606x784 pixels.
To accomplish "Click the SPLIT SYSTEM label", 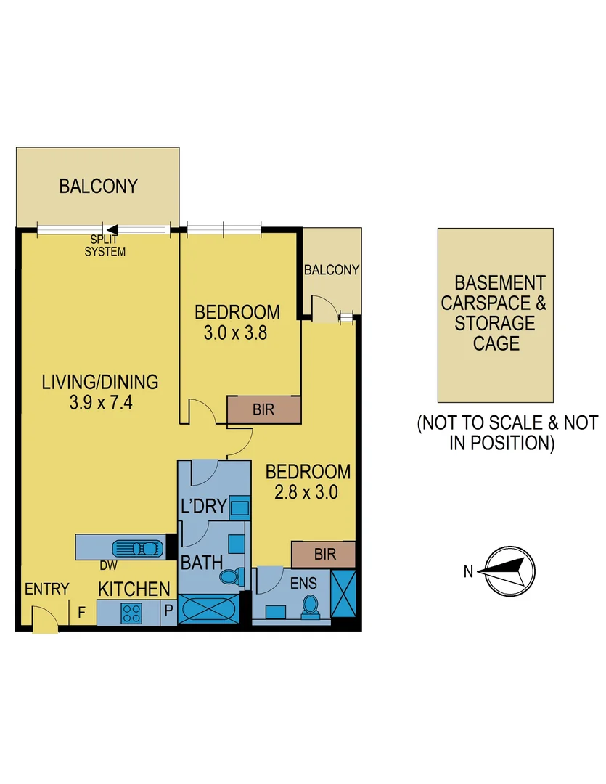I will pyautogui.click(x=105, y=246).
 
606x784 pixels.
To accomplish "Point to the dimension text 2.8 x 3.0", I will pyautogui.click(x=308, y=491).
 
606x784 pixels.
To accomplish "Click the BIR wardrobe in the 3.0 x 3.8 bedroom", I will pyautogui.click(x=263, y=410).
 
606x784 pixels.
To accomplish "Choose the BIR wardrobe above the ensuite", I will pyautogui.click(x=325, y=555).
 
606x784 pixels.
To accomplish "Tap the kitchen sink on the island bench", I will pyautogui.click(x=139, y=547).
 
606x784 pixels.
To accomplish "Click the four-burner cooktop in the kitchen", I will pyautogui.click(x=131, y=613).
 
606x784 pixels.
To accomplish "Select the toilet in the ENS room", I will pyautogui.click(x=310, y=605).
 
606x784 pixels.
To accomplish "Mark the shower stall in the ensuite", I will pyautogui.click(x=343, y=595).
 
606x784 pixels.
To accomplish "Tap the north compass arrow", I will pyautogui.click(x=508, y=571).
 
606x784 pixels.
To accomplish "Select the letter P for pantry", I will pyautogui.click(x=168, y=612).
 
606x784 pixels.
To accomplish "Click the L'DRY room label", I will pyautogui.click(x=204, y=506).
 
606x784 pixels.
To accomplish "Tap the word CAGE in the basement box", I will pyautogui.click(x=496, y=343).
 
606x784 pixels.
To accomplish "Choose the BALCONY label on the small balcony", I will pyautogui.click(x=332, y=270).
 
